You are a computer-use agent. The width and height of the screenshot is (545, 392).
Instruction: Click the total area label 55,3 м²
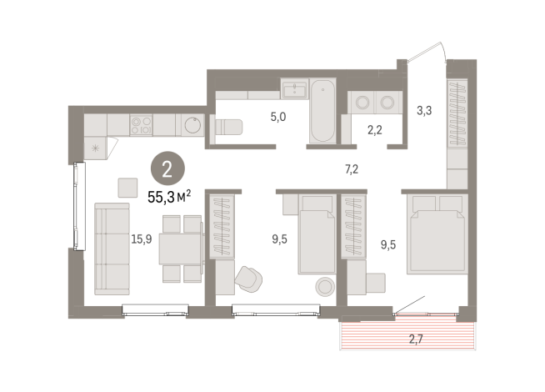[169, 197]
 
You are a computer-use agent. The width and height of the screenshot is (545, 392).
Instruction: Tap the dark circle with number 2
[167, 170]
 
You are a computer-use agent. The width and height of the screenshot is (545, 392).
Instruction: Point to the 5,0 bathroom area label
[277, 117]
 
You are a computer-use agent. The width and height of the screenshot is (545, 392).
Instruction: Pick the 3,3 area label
[424, 108]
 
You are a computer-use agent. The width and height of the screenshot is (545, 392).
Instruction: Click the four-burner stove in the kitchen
[142, 125]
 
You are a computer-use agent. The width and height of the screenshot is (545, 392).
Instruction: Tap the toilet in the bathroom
[227, 127]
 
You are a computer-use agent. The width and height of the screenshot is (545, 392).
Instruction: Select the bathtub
[322, 112]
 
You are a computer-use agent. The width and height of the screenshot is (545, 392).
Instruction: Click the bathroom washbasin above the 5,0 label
[294, 90]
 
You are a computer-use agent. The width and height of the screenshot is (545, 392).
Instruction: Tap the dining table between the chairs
[180, 249]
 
